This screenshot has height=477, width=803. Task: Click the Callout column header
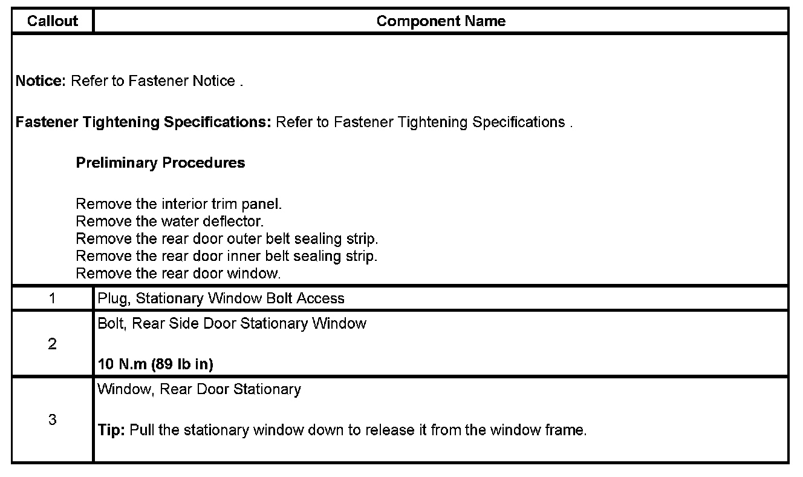point(53,21)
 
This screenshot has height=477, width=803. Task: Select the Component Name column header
point(441,21)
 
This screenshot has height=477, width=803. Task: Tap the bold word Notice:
point(41,81)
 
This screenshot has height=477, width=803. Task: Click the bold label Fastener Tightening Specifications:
point(143,122)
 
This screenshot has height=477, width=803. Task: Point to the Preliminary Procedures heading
point(160,163)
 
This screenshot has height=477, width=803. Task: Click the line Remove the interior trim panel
point(179,204)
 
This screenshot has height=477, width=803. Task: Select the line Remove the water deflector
point(170,222)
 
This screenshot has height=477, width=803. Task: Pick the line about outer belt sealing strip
point(227,238)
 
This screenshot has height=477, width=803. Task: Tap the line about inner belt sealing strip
point(226,256)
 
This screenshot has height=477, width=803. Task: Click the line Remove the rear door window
point(178,274)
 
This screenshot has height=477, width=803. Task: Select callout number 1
point(53,298)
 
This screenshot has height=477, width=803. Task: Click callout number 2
point(53,344)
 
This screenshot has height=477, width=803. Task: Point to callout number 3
point(53,419)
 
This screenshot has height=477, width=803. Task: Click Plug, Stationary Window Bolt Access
point(221,298)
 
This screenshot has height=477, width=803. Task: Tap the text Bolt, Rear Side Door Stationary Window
point(232,324)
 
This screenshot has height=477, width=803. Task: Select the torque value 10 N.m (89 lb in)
point(155,365)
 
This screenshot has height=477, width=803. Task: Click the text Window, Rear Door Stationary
point(199,389)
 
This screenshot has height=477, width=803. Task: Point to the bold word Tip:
point(112,431)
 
